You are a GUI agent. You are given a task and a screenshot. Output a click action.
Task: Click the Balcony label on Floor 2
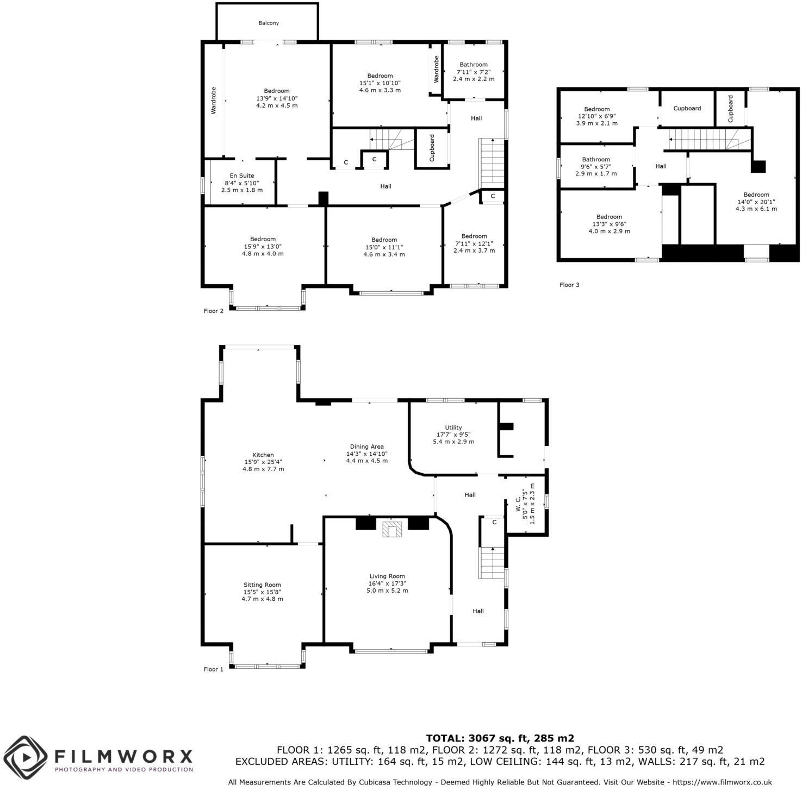269,23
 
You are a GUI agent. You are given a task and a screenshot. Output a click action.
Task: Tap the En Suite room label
242,183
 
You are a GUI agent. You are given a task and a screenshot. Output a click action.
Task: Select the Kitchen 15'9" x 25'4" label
263,462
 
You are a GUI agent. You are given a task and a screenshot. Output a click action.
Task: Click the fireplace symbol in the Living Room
391,529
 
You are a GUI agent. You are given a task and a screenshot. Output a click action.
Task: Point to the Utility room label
453,435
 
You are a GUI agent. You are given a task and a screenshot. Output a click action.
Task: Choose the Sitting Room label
262,592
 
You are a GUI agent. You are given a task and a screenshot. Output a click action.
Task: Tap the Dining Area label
367,454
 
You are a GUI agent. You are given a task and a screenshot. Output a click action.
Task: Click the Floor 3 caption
569,285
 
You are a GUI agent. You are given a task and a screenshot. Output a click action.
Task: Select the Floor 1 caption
213,669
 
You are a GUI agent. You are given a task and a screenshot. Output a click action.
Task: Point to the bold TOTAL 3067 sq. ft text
500,738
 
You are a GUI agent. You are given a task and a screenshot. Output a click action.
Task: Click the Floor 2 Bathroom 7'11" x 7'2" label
474,72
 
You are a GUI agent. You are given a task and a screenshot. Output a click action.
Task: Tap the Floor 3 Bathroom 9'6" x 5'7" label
596,167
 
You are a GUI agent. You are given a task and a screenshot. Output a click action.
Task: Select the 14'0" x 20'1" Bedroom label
756,202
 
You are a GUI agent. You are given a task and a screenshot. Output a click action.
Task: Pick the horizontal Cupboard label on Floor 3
687,108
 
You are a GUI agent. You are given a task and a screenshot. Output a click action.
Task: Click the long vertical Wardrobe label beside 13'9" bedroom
214,100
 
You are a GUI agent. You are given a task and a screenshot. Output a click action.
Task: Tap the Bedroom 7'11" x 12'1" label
474,243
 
